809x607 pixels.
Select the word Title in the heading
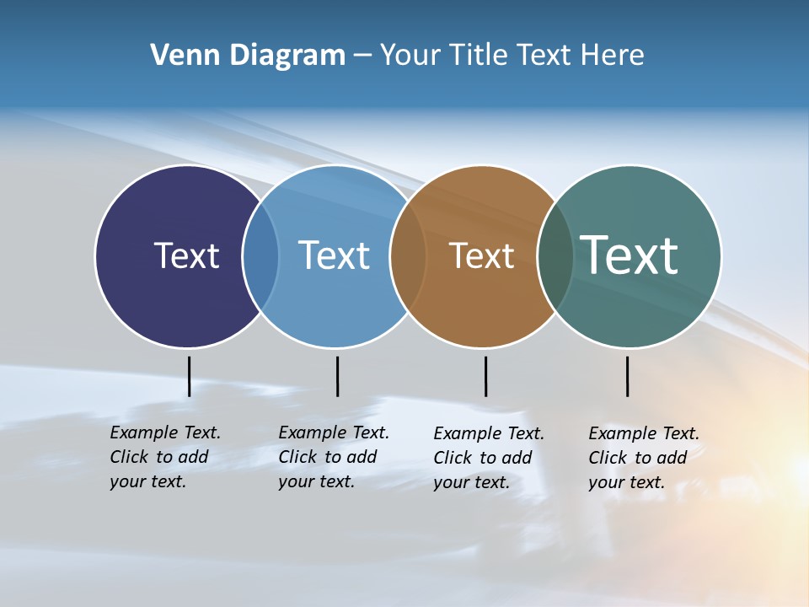point(478,56)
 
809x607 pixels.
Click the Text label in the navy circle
point(186,255)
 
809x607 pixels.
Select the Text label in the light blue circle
point(334,255)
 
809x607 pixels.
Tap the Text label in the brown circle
point(481,255)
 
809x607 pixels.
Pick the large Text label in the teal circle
point(630,255)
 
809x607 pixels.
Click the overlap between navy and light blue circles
point(260,256)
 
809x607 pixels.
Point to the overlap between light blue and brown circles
point(408,256)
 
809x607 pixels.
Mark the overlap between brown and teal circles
point(555,256)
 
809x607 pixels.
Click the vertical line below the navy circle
point(189,376)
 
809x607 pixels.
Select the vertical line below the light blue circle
point(337,376)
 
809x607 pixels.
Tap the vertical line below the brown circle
point(485,376)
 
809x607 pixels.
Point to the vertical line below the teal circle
point(627,376)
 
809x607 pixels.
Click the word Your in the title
point(410,56)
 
